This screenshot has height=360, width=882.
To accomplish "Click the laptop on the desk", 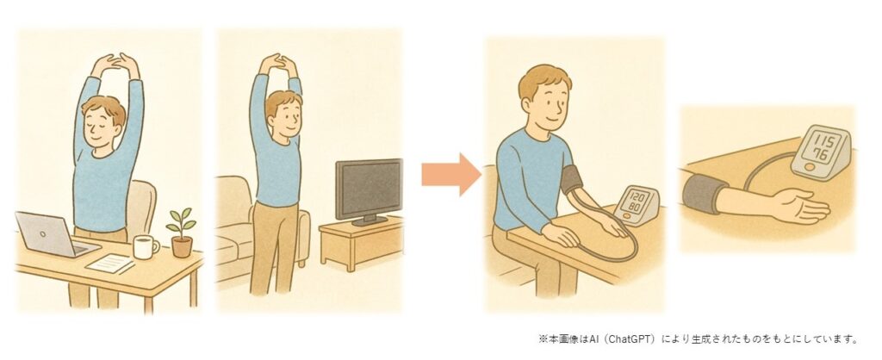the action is [x=55, y=235].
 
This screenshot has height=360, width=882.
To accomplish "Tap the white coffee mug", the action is [x=145, y=247].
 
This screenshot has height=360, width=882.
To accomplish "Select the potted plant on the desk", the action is [x=181, y=233].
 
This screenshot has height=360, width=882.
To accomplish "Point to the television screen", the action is [x=369, y=189].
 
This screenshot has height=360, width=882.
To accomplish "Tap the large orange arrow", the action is [x=451, y=174].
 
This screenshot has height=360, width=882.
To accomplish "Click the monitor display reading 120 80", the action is [x=637, y=202].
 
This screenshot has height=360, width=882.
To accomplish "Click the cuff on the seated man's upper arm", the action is [x=572, y=180].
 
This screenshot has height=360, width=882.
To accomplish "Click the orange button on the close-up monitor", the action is [x=809, y=167].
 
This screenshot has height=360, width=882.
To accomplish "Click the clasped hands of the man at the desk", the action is [x=115, y=62].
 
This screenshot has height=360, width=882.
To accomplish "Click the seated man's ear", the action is [x=526, y=104].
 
